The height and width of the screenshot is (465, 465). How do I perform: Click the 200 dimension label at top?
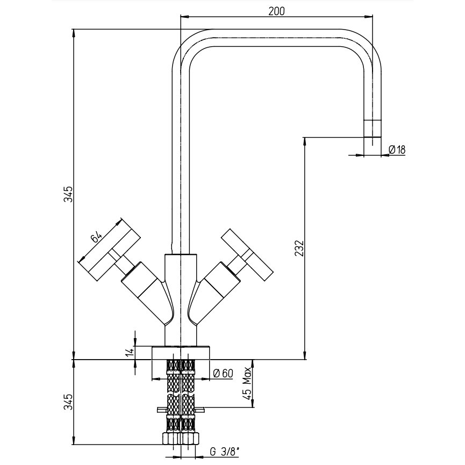tap(276, 11)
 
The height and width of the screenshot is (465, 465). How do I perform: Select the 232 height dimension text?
tap(299, 248)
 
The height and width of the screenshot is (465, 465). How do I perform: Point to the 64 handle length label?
tap(96, 238)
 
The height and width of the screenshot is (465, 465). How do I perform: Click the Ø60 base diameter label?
tap(223, 374)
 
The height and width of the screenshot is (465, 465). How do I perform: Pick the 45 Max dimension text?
tap(247, 383)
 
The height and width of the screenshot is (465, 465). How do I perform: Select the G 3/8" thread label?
tap(225, 452)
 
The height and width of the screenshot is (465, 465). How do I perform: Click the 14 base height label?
tap(130, 352)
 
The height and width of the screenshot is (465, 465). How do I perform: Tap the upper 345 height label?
tap(68, 194)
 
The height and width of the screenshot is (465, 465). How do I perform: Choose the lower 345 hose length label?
tap(68, 402)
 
